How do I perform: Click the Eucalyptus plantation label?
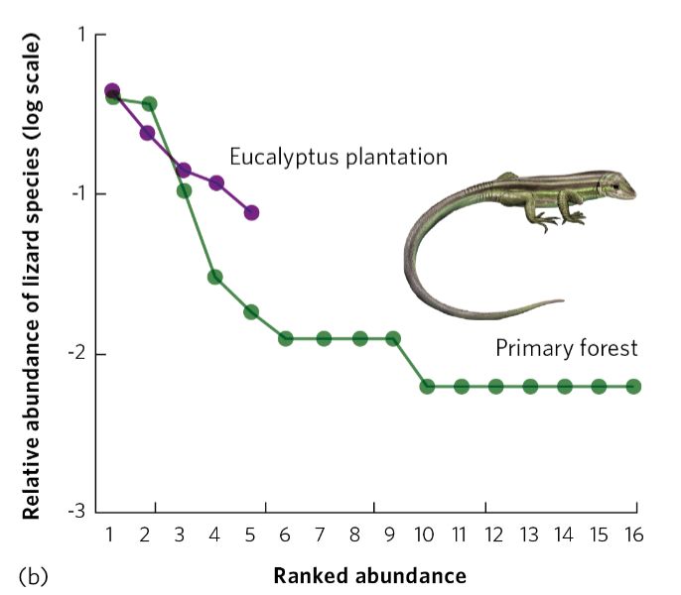[339, 157]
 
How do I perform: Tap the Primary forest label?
[566, 348]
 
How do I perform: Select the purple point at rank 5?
[251, 212]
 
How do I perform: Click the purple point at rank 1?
[112, 91]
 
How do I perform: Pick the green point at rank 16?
[633, 386]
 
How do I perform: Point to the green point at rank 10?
[427, 386]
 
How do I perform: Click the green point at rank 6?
[286, 338]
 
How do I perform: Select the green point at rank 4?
[214, 277]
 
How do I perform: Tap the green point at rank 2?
[149, 104]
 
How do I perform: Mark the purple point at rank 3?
[183, 170]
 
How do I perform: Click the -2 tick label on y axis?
[78, 353]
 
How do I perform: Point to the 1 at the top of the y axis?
[83, 35]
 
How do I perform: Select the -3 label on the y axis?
[78, 512]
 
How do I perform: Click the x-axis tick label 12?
[493, 535]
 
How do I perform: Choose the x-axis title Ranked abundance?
[369, 575]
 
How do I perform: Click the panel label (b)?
[33, 575]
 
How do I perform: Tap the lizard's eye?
[616, 185]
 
